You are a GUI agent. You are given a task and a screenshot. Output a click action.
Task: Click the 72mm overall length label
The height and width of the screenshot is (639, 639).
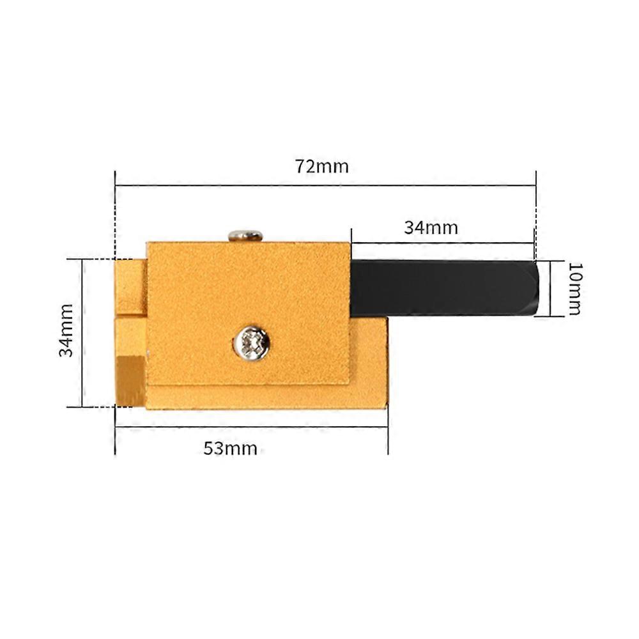tap(322, 167)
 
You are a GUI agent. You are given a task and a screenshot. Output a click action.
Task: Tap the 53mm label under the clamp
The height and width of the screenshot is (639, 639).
tap(231, 448)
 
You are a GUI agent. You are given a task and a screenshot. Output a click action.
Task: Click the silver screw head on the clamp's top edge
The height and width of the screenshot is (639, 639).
tap(246, 235)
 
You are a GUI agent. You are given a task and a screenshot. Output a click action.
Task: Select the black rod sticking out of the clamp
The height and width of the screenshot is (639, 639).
tap(441, 287)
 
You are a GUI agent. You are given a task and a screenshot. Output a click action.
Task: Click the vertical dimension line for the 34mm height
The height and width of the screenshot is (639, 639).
tap(82, 332)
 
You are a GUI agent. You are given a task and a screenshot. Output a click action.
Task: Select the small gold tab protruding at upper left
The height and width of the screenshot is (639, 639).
tap(130, 287)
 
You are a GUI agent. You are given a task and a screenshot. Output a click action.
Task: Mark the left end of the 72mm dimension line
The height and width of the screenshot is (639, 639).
tap(116, 186)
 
